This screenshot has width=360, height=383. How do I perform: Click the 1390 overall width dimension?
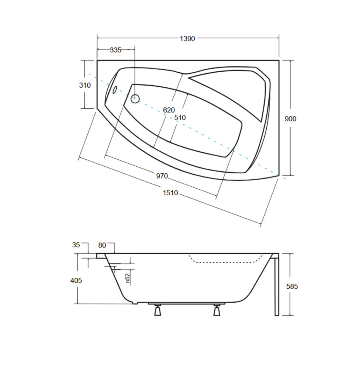187,39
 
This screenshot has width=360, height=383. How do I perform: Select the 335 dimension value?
115,50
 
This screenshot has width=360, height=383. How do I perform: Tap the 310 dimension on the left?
85,85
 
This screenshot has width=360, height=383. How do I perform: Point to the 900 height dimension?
290,119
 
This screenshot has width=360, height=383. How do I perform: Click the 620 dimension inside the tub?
169,110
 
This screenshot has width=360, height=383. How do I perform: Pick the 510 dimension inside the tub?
180,118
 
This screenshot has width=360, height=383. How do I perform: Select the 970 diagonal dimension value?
162,176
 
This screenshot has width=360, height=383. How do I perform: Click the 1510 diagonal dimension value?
170,193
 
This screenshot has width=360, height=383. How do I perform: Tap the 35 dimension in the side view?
76,245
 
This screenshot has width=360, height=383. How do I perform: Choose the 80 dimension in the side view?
102,245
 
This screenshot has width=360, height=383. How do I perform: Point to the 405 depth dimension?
76,280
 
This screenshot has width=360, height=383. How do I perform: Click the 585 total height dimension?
292,287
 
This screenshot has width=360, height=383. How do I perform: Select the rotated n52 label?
128,278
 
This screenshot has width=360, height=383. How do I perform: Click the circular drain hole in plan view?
135,99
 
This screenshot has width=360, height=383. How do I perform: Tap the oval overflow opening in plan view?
114,89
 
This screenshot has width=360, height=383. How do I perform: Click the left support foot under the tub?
158,310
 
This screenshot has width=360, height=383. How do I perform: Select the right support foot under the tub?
217,310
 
